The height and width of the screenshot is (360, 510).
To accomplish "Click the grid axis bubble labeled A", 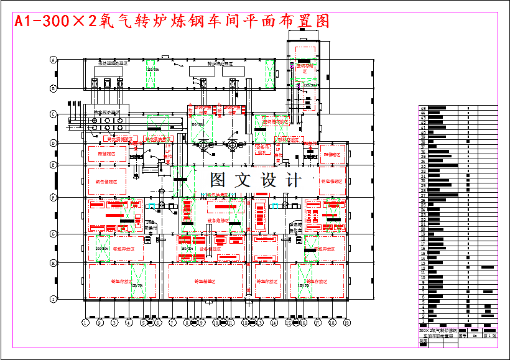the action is point(53,60).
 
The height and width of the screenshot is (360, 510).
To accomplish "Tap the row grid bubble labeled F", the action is point(53,197).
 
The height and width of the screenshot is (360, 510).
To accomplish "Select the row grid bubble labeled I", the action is point(53,299).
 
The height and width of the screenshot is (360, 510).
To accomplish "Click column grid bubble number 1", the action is point(85,323).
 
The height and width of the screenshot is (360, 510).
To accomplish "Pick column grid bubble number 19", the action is point(347,323).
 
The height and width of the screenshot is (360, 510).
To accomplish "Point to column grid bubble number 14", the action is point(273,323).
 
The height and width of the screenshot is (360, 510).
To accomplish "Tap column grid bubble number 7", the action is point(172,323).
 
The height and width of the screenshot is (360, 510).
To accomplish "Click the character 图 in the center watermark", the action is point(218,180).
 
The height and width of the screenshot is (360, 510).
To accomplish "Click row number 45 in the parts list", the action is point(423,108).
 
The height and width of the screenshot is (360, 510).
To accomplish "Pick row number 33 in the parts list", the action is point(423,166).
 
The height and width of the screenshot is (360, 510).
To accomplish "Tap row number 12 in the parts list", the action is point(423,268).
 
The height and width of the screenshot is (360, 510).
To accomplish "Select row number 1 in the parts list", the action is point(423,321).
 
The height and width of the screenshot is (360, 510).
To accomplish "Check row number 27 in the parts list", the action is point(423,195).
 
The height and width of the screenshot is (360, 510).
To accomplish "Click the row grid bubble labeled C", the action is point(53,114).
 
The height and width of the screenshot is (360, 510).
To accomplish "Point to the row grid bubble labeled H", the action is point(53,263).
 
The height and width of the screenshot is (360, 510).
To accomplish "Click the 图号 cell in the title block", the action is point(463,335).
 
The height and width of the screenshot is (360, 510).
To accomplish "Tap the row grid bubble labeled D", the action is point(53,143).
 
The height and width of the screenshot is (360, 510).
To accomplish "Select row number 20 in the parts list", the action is point(423,229).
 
